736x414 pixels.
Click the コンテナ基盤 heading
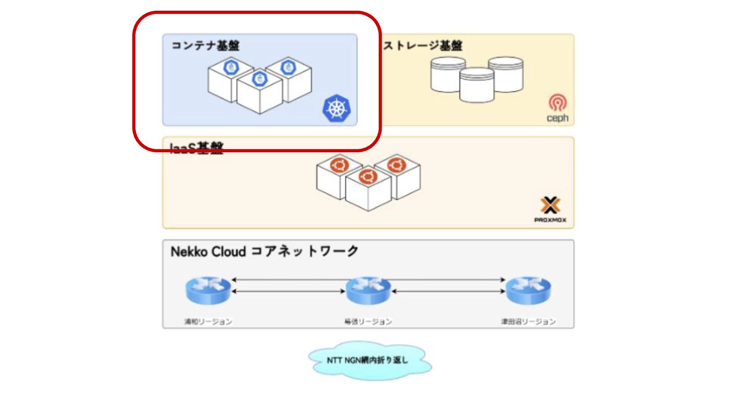pyautogui.click(x=205, y=46)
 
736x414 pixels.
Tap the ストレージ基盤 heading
pyautogui.click(x=423, y=46)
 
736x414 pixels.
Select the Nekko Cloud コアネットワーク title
pyautogui.click(x=264, y=251)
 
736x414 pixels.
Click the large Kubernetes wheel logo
pyautogui.click(x=338, y=109)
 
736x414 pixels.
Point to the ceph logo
pyautogui.click(x=557, y=109)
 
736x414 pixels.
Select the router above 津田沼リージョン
pyautogui.click(x=528, y=291)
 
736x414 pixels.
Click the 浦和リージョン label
pyautogui.click(x=208, y=322)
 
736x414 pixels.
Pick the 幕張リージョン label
pyautogui.click(x=368, y=322)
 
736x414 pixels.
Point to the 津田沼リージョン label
pyautogui.click(x=528, y=322)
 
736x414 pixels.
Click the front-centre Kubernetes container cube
pyautogui.click(x=260, y=92)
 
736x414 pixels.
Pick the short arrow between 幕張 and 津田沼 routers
pyautogui.click(x=448, y=291)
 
